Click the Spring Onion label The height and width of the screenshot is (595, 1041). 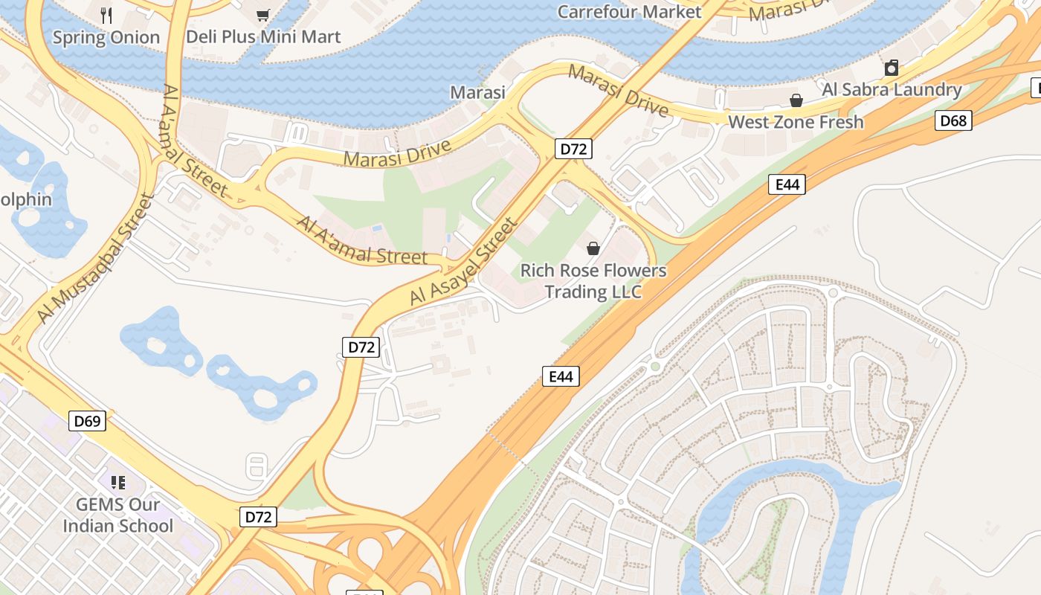click(106, 37)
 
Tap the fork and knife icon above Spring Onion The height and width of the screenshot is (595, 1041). click(106, 14)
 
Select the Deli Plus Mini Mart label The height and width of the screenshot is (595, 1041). click(263, 36)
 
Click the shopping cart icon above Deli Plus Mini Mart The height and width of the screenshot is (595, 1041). click(262, 14)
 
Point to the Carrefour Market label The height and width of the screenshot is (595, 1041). click(629, 12)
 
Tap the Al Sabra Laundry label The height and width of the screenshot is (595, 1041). click(892, 89)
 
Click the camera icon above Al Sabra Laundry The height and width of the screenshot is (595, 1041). click(892, 68)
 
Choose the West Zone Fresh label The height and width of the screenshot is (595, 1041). click(796, 122)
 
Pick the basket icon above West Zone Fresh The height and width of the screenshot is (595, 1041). click(796, 100)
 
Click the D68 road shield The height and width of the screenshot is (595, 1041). click(953, 120)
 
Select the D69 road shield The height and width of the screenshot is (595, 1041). click(88, 421)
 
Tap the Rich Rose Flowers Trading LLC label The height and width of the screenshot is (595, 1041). click(593, 280)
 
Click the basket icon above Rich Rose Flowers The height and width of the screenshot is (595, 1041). click(593, 248)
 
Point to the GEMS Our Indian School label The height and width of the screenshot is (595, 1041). click(117, 515)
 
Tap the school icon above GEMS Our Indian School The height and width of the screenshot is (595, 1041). click(117, 483)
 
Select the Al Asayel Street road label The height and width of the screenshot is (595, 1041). click(463, 261)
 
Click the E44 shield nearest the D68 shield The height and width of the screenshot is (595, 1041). click(787, 184)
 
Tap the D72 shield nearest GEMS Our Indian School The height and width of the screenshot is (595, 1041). click(258, 516)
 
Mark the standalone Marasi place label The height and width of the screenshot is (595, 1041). click(477, 92)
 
